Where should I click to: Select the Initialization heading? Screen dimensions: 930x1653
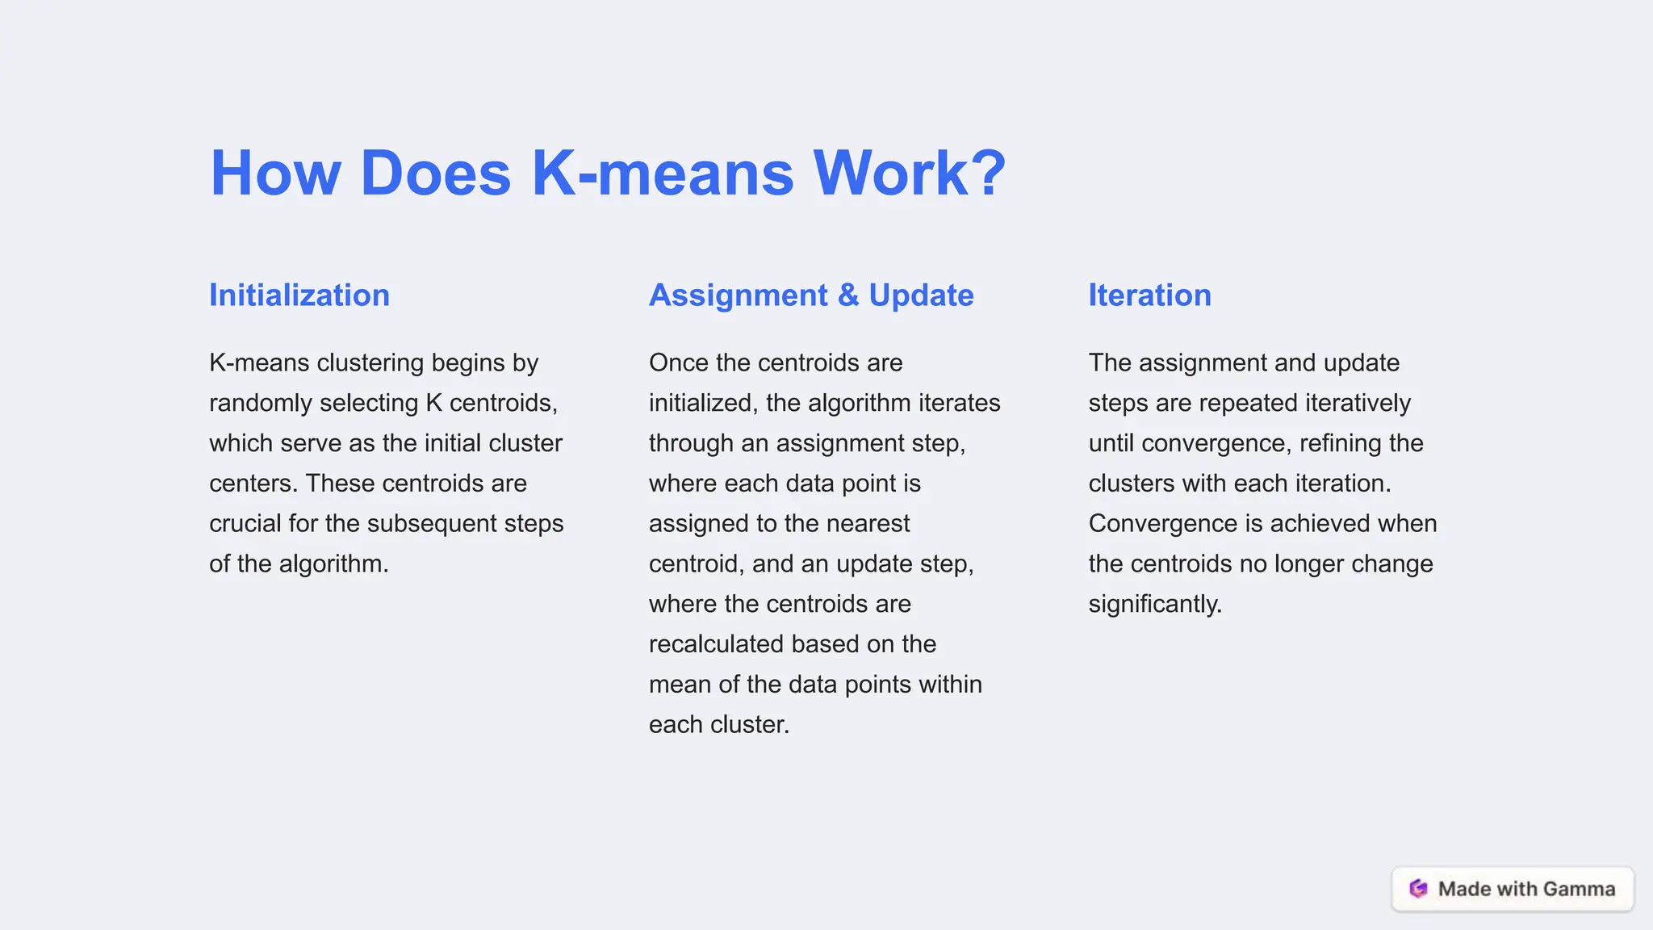(x=299, y=295)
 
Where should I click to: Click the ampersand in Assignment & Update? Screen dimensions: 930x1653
(x=848, y=295)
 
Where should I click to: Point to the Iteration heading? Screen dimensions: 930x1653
(x=1149, y=295)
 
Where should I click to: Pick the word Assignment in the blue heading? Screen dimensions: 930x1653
(x=739, y=295)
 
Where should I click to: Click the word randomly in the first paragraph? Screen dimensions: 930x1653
(x=261, y=403)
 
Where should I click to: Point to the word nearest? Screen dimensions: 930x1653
(x=868, y=523)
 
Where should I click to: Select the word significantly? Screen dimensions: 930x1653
(x=1154, y=604)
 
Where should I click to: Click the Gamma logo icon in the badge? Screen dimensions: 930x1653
(x=1418, y=889)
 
